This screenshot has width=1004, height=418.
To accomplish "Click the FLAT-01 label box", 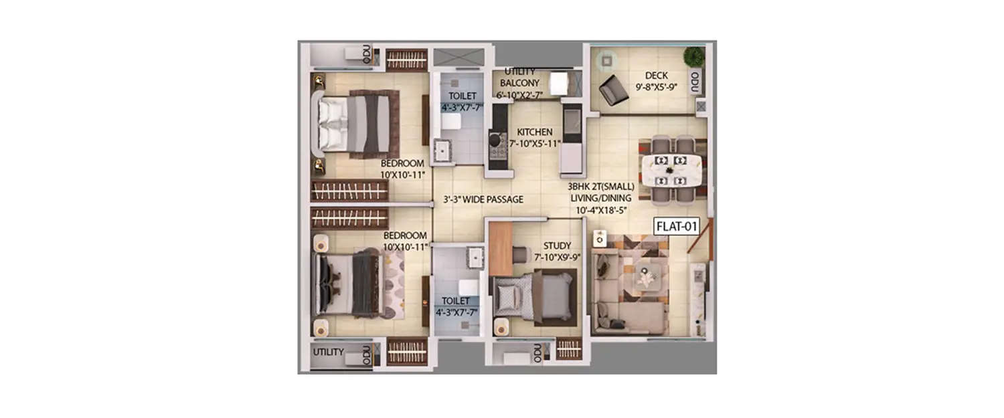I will tap(676, 226).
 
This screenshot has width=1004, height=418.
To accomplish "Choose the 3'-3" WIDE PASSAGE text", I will tap(483, 199).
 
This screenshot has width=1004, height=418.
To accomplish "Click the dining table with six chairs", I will tap(671, 169).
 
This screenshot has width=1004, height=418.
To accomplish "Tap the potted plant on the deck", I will tap(693, 56).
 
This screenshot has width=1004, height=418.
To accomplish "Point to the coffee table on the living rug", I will tap(647, 276).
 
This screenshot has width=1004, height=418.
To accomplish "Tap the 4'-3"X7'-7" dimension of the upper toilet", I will tap(461, 107).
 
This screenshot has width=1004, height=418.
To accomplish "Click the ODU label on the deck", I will tap(695, 82).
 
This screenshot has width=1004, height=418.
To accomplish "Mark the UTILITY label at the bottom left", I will tap(328, 352).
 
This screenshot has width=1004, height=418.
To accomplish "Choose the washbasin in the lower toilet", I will tap(476, 257).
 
